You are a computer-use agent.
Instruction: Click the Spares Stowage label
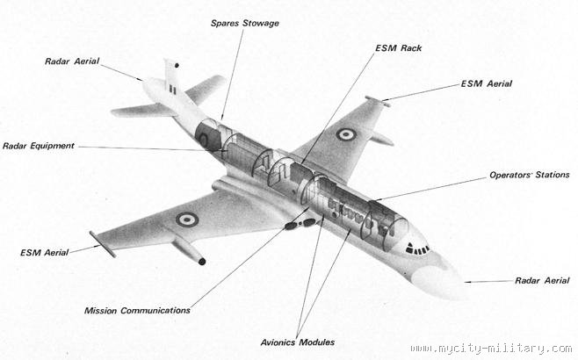coord(244,23)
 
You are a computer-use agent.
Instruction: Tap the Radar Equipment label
coord(38,146)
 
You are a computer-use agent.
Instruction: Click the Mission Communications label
coord(137,310)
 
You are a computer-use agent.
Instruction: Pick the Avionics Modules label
coord(298,342)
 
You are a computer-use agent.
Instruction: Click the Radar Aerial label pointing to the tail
coord(72,61)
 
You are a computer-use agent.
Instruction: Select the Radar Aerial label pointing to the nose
coord(541,281)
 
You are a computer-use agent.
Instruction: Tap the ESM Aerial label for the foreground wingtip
coord(44,253)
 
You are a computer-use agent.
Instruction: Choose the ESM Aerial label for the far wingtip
coord(486,84)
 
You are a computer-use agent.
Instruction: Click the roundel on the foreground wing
coord(186,219)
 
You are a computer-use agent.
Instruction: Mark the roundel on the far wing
coord(346,134)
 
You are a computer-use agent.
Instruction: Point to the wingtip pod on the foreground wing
coord(102,244)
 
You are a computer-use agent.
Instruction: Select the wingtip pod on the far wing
coord(378,102)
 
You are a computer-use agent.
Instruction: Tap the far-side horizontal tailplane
coord(206,88)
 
